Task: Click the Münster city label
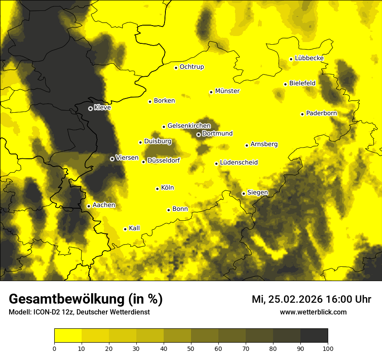227,91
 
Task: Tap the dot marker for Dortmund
198,134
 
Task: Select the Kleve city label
102,108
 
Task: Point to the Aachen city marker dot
89,206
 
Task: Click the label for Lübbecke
309,58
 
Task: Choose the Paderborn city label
321,113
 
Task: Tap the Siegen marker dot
244,194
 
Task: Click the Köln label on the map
167,188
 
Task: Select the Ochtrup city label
191,67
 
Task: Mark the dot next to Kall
125,229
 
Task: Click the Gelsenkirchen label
189,126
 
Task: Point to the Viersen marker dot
112,159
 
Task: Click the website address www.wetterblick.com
313,312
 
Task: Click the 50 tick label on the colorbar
191,348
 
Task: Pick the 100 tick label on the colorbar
328,348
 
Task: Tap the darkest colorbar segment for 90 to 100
314,336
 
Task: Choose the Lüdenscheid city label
239,163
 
